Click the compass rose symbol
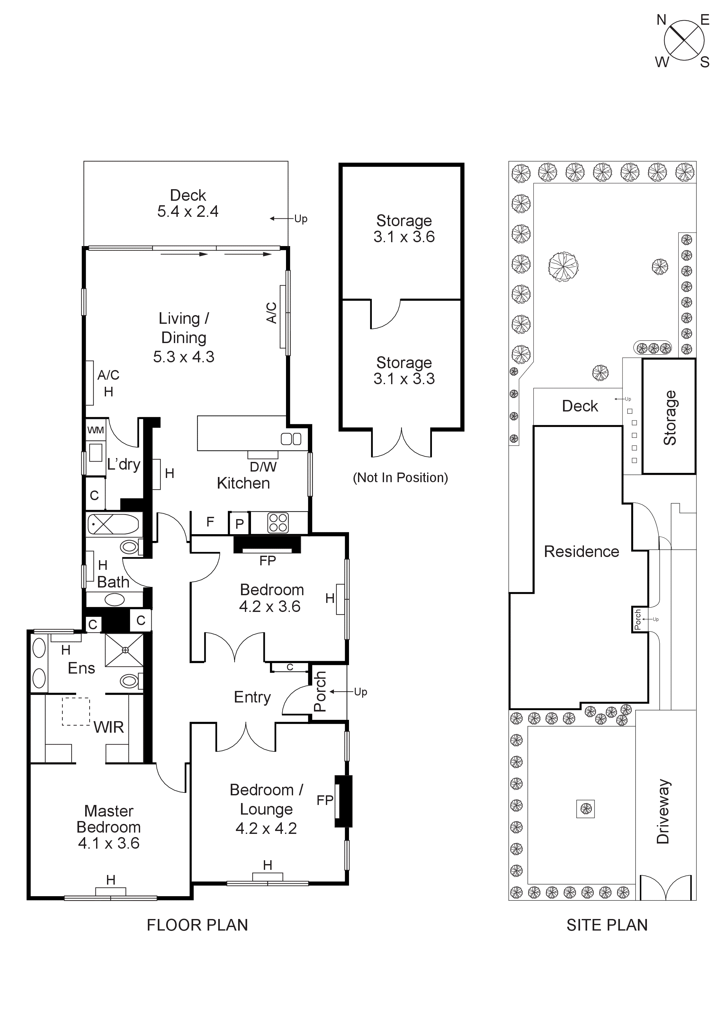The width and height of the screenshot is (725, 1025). [x=684, y=40]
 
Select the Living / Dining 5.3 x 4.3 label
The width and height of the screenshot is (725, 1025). [x=183, y=338]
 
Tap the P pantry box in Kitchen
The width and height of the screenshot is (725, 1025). [x=239, y=524]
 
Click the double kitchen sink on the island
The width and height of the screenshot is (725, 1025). [x=291, y=439]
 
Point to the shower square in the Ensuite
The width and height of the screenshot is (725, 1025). [x=125, y=650]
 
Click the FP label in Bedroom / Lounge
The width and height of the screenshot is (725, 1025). [x=325, y=800]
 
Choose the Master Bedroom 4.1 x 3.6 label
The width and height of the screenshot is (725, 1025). [x=109, y=827]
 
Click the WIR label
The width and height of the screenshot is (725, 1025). [x=109, y=727]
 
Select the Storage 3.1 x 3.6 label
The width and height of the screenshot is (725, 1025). [x=404, y=229]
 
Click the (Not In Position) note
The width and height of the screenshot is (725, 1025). [x=400, y=478]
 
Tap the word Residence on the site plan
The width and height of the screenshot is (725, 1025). [x=581, y=552]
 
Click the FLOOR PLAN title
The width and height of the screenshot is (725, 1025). [x=197, y=925]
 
